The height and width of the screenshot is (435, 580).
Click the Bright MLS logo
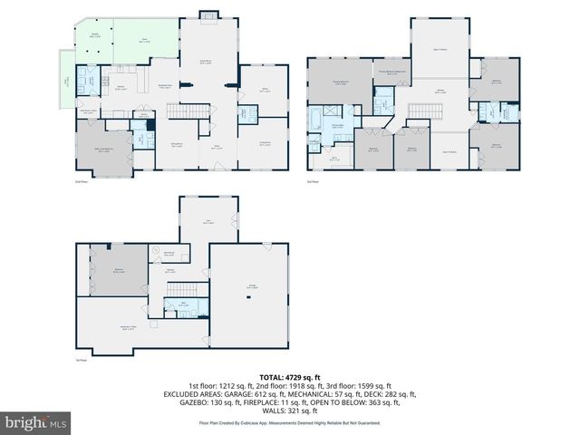pos(35,421)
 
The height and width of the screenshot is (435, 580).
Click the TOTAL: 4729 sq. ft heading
pos(289,376)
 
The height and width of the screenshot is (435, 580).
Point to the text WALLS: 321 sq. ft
pos(289,412)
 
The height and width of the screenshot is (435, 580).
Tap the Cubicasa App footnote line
pos(289,423)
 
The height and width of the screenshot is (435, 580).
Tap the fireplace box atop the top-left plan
pos(208,14)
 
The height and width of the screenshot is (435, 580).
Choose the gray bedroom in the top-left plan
pos(107,151)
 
